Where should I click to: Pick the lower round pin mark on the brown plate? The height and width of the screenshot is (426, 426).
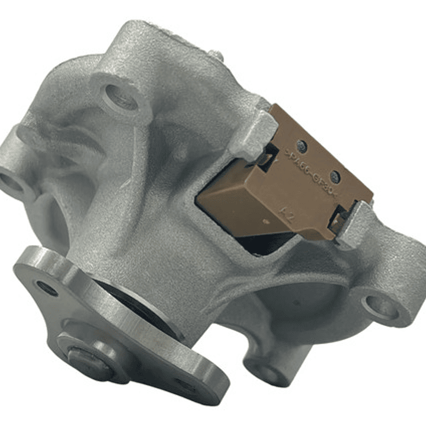click(x=335, y=176)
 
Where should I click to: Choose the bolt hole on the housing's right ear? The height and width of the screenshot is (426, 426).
click(x=379, y=307)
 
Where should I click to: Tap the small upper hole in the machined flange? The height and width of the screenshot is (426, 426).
click(x=47, y=289)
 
